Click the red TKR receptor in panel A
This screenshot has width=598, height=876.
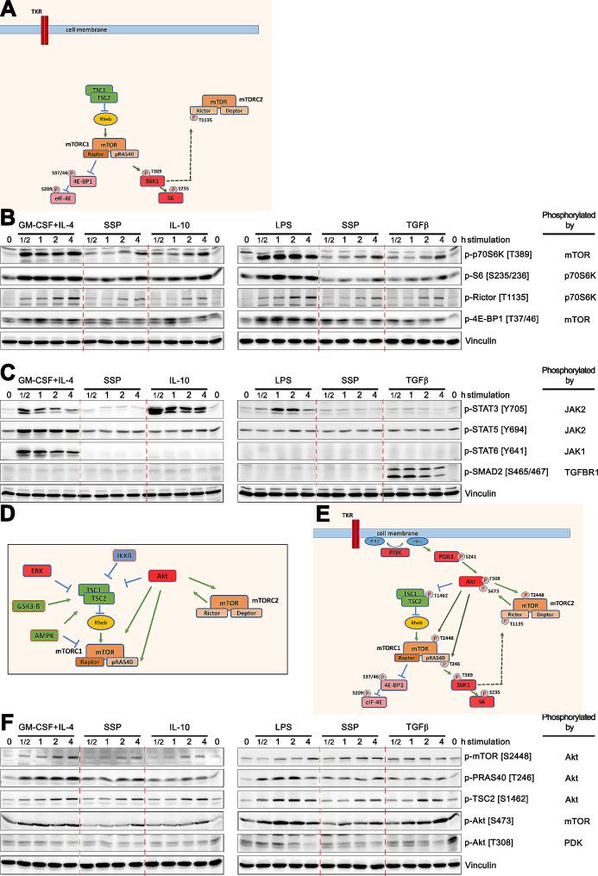click(x=44, y=28)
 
